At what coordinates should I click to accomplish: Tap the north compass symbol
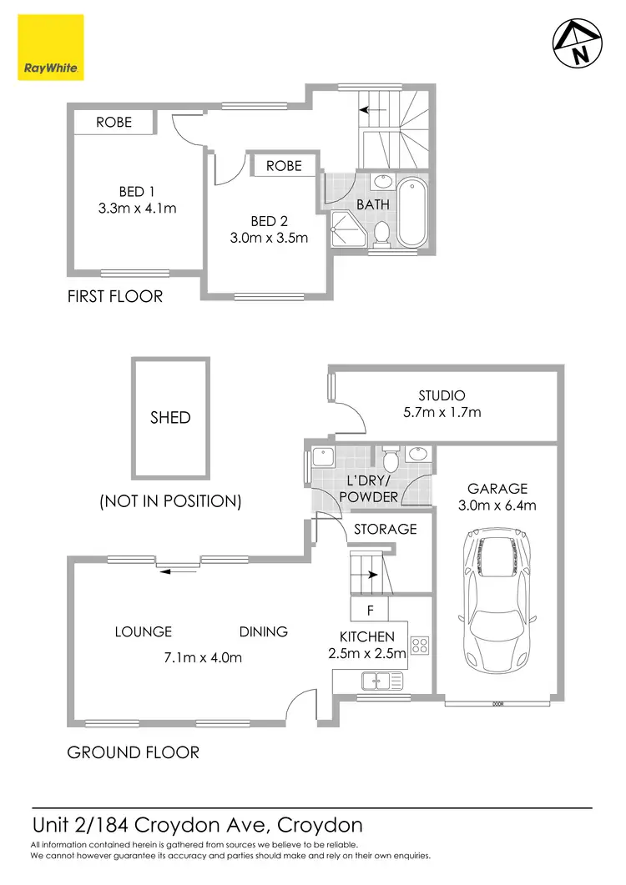578,43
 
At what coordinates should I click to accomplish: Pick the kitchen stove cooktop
419,645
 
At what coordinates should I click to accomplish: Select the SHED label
170,418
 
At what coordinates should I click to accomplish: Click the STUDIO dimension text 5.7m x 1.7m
442,412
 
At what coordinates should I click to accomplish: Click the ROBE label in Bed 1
114,122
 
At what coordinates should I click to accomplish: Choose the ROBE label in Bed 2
284,166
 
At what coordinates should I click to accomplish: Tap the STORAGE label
385,529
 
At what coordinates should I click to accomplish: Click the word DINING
264,632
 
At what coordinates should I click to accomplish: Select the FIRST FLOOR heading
115,296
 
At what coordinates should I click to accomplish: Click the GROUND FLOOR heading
133,752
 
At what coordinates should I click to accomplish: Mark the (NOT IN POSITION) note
170,502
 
